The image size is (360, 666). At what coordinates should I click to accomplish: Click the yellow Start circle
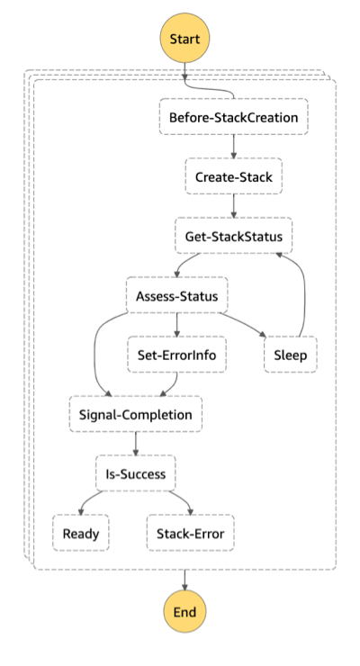pyautogui.click(x=184, y=40)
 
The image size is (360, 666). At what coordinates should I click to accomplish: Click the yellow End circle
pyautogui.click(x=184, y=611)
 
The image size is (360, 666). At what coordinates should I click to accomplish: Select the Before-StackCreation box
pyautogui.click(x=233, y=117)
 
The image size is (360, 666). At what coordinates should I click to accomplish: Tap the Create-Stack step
pyautogui.click(x=233, y=176)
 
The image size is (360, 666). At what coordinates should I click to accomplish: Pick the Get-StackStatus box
pyautogui.click(x=233, y=237)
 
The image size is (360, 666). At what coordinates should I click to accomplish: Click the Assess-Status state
pyautogui.click(x=175, y=295)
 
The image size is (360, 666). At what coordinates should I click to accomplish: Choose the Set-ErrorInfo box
pyautogui.click(x=175, y=355)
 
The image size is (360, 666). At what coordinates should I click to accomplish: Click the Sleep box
pyautogui.click(x=290, y=355)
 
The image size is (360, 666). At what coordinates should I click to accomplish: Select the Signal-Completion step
pyautogui.click(x=135, y=414)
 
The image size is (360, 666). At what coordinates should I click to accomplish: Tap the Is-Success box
pyautogui.click(x=135, y=473)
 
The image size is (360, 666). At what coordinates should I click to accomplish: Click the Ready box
pyautogui.click(x=80, y=533)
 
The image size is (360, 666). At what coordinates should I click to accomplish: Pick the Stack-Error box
pyautogui.click(x=191, y=533)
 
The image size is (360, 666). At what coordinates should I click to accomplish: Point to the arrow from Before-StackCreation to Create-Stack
pyautogui.click(x=233, y=147)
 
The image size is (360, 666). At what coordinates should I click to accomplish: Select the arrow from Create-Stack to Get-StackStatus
pyautogui.click(x=233, y=206)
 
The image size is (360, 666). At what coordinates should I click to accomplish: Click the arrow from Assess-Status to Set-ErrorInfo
pyautogui.click(x=175, y=325)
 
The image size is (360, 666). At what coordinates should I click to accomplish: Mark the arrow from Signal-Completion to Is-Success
pyautogui.click(x=135, y=444)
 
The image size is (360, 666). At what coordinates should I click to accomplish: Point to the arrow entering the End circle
pyautogui.click(x=184, y=580)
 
